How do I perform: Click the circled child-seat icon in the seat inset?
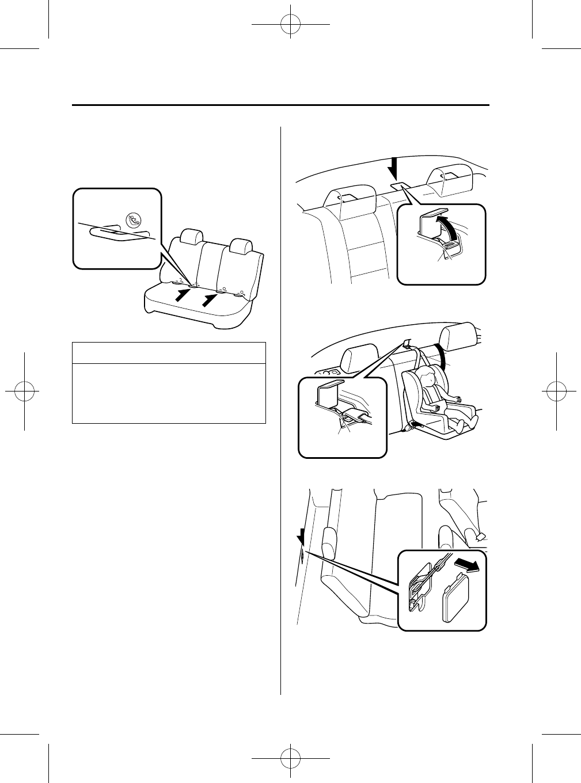point(135,219)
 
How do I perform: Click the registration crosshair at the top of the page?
point(291,25)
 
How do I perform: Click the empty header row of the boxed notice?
point(169,352)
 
